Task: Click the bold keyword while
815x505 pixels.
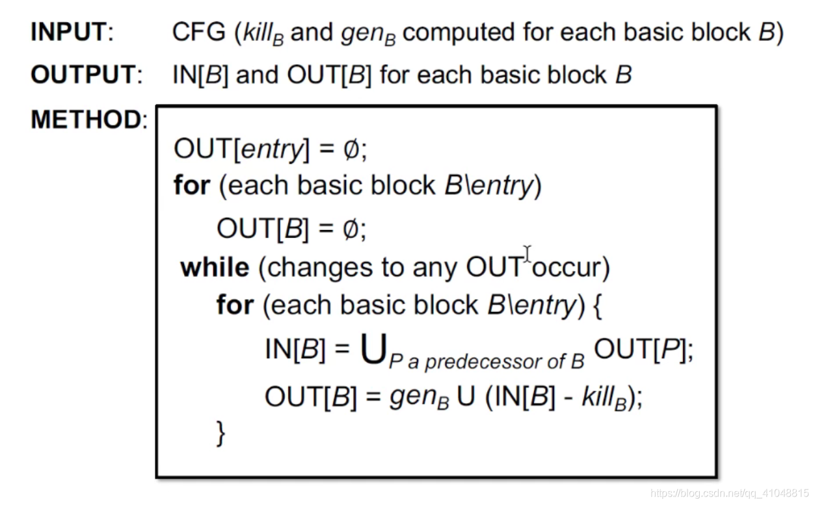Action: (215, 267)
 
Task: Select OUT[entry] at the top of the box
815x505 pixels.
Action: (239, 149)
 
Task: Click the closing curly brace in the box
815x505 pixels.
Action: (222, 433)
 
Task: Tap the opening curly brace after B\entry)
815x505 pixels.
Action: (596, 305)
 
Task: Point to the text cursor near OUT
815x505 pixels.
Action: (528, 254)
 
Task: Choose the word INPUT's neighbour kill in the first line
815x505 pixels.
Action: (263, 33)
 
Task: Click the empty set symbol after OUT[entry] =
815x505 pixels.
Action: (351, 150)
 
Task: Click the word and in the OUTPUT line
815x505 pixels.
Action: (257, 75)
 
